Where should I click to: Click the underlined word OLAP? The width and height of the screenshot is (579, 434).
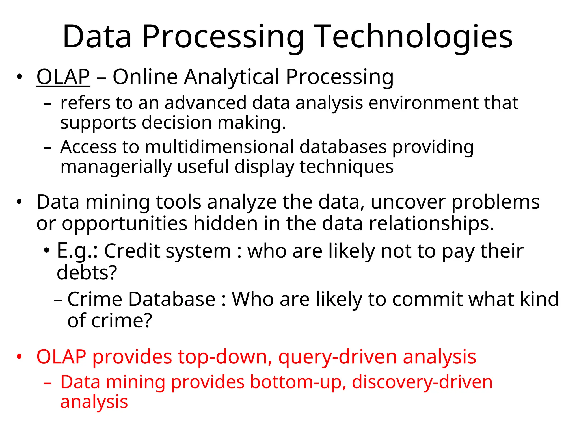coord(63,77)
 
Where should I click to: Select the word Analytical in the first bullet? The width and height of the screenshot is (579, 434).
coord(232,77)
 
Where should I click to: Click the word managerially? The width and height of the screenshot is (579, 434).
coord(116,167)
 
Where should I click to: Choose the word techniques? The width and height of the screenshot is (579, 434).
coord(346,167)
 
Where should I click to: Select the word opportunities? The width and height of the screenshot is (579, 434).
coord(124,224)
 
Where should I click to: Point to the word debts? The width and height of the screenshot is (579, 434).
coord(87,273)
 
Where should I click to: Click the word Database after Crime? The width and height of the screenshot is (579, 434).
coord(172,299)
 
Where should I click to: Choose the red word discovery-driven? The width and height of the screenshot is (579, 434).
coord(422,382)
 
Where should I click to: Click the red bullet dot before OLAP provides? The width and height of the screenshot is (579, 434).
coord(19,357)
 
